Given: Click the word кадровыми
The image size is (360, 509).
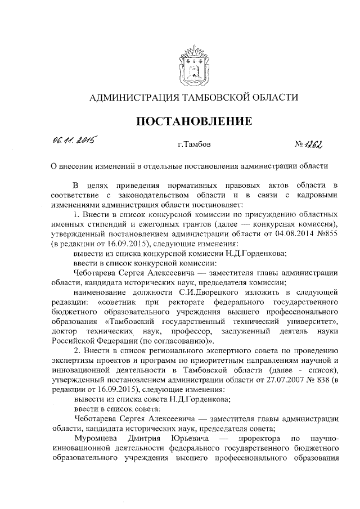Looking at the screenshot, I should [316, 195].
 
